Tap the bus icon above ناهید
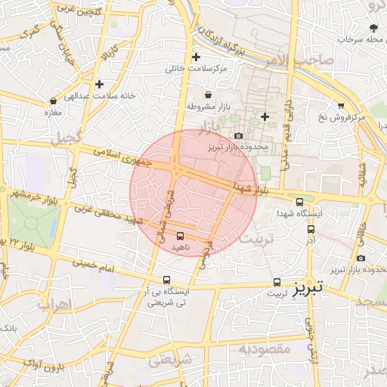coord(179,235)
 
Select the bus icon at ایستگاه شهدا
coord(300,202)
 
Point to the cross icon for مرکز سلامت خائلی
coord(197,57)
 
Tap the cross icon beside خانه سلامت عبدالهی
coord(98,83)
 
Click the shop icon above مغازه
coord(53,101)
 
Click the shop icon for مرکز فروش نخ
coord(341,105)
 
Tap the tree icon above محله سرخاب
coord(373,27)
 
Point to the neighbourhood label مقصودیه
coord(265,349)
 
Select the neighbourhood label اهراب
coord(52,305)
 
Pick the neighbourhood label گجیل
coord(64,139)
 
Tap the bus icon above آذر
coord(311,228)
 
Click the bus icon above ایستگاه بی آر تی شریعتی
coord(167,279)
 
